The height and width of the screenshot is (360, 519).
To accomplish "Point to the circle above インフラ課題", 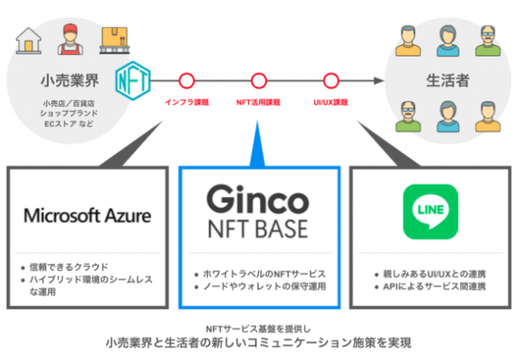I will click(x=187, y=81).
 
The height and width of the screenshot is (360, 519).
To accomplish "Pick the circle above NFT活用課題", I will click(x=259, y=81).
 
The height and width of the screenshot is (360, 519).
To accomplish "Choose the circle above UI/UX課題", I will click(x=330, y=81).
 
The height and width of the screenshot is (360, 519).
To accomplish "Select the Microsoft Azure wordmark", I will click(x=88, y=216).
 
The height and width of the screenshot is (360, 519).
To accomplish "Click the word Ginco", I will click(x=258, y=199).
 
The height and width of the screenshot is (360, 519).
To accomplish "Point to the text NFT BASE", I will click(x=258, y=229).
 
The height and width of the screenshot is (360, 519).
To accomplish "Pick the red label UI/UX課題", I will click(x=330, y=103).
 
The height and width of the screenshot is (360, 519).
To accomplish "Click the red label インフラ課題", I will click(x=187, y=103).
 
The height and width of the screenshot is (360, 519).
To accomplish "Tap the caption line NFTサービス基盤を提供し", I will click(x=259, y=327).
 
